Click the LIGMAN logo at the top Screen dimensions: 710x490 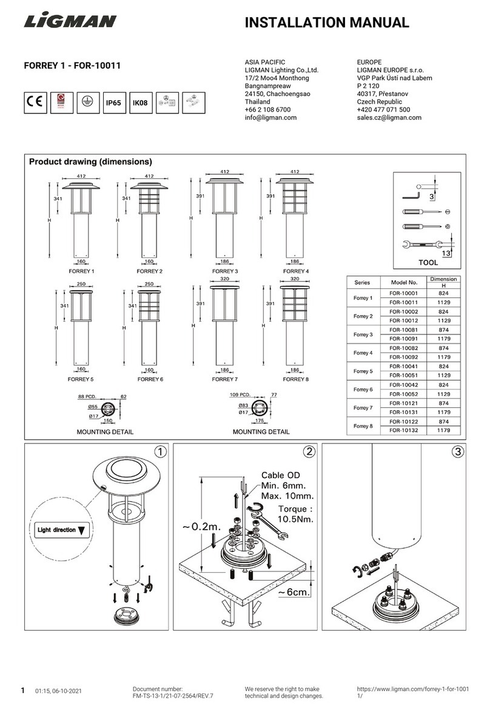tap(70, 22)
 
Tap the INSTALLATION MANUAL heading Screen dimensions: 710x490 tap(326, 23)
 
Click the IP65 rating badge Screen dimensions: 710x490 tap(113, 103)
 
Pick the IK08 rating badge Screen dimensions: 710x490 tap(140, 103)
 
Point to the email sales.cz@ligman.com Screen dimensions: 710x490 tap(389, 118)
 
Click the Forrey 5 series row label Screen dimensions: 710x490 tap(362, 370)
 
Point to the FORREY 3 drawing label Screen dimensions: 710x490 tap(224, 271)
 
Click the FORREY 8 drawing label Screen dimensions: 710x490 tap(296, 379)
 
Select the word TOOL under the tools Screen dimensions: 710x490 tap(428, 264)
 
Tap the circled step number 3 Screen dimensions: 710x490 tap(457, 451)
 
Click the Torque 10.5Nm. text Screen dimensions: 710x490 tap(294, 514)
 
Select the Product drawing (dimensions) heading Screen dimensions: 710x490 tap(90, 162)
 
